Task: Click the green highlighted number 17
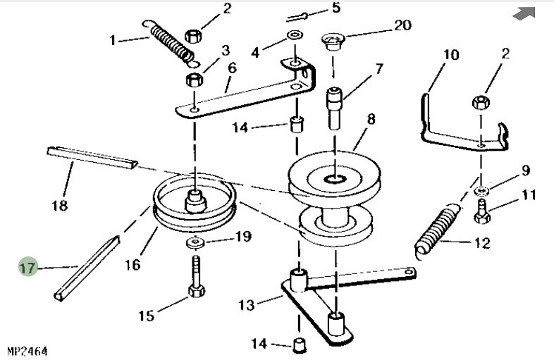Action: tap(27, 267)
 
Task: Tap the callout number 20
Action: tap(402, 25)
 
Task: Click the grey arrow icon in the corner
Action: tap(524, 14)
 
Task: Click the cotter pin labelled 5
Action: tap(296, 17)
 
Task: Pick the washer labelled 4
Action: tap(295, 35)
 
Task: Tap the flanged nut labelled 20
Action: tap(333, 41)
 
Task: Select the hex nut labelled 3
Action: tap(195, 80)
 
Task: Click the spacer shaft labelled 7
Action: tap(334, 108)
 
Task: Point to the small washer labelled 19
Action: tap(195, 243)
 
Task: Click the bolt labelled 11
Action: tap(482, 211)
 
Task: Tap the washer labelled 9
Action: tap(481, 191)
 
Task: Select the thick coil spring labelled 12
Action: tap(438, 230)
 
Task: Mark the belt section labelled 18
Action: tap(92, 158)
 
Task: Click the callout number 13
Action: tap(246, 305)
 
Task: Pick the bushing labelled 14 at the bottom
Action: tap(300, 345)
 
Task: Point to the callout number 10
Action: tap(451, 55)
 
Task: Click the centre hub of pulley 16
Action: tap(195, 201)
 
